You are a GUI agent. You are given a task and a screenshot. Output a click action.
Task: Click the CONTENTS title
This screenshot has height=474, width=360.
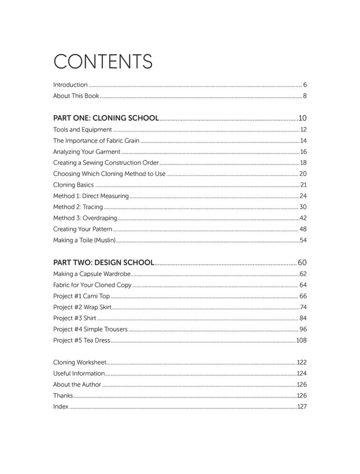pyautogui.click(x=103, y=61)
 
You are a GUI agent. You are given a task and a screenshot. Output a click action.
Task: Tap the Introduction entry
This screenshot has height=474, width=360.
pyautogui.click(x=70, y=85)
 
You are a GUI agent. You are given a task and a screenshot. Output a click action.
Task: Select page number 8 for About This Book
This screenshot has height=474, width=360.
pyautogui.click(x=305, y=96)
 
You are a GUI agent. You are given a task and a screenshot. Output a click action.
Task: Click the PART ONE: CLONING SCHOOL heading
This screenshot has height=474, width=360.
pyautogui.click(x=106, y=118)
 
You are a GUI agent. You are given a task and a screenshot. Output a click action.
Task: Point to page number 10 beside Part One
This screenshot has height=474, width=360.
pyautogui.click(x=302, y=118)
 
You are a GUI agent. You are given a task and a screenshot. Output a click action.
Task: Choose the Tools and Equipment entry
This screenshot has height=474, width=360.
pyautogui.click(x=82, y=130)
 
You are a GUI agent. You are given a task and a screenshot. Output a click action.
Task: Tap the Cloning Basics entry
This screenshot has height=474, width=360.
pyautogui.click(x=74, y=185)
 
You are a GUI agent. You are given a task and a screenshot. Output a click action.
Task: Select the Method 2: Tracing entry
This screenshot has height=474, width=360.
pyautogui.click(x=78, y=207)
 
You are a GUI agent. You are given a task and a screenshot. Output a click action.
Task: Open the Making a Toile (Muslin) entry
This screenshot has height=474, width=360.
pyautogui.click(x=85, y=240)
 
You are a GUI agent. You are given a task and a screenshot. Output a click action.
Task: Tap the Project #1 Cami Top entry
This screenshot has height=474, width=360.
pyautogui.click(x=81, y=296)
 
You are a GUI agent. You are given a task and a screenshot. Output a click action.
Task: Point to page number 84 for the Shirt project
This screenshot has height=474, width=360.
pyautogui.click(x=303, y=318)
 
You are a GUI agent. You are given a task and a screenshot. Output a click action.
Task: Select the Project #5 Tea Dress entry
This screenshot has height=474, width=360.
pyautogui.click(x=81, y=340)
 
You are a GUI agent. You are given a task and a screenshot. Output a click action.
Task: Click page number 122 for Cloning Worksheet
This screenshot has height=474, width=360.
pyautogui.click(x=301, y=362)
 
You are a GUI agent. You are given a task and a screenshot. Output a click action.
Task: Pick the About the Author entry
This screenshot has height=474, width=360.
pyautogui.click(x=77, y=385)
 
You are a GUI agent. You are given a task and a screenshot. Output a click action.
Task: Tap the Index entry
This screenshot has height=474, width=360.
pyautogui.click(x=61, y=407)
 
